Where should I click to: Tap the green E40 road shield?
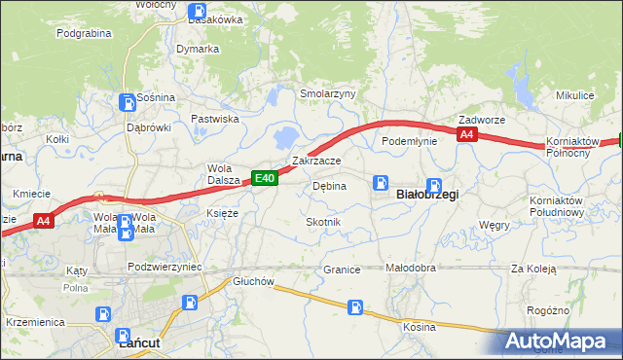265,178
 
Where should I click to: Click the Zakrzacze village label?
315,161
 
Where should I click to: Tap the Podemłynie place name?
409,141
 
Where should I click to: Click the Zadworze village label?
482,120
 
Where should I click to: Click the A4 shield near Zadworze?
467,135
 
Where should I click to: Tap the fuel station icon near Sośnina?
126,101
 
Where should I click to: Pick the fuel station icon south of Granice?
357,307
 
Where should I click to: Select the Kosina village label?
420,327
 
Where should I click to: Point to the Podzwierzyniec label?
164,266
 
